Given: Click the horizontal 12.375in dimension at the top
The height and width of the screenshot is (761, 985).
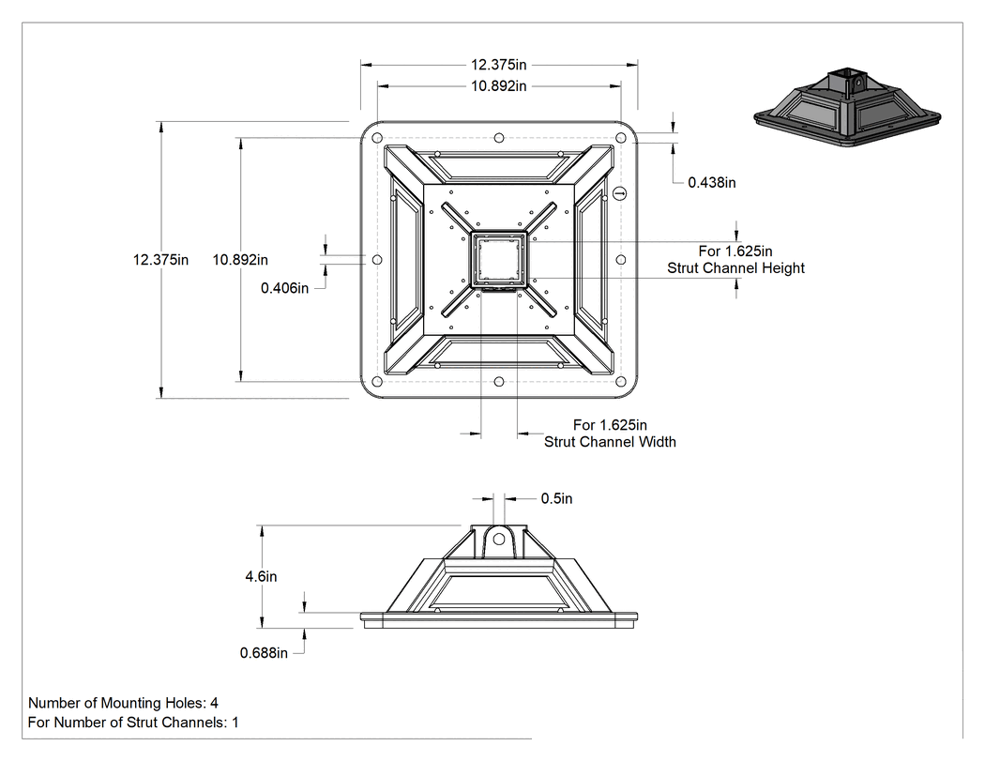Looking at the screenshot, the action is [499, 65].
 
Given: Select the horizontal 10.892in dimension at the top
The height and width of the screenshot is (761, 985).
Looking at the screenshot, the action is [499, 86].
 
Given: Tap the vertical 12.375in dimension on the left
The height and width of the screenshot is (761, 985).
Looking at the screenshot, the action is [160, 260].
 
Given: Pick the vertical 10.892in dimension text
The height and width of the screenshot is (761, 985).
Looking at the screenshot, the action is [240, 260].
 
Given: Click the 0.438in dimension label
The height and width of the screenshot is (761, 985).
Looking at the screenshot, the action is [712, 182].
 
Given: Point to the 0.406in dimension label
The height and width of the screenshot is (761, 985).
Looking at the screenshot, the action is [284, 288].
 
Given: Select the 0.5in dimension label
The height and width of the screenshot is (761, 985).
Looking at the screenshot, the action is [556, 498].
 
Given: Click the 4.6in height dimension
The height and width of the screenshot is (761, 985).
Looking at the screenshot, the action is [261, 576].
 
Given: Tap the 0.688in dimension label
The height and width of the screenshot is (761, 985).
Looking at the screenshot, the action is [264, 653].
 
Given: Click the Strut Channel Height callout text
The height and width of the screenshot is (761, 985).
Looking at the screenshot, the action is [735, 260].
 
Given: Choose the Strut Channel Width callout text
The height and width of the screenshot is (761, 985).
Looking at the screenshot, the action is [610, 434].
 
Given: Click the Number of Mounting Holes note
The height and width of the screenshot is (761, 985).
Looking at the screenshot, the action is [123, 703].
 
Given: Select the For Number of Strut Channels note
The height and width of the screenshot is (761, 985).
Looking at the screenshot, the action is [133, 723].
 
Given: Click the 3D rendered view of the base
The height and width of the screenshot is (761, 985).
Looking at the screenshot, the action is [847, 108].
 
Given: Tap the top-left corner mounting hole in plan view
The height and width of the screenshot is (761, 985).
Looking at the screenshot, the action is [377, 138].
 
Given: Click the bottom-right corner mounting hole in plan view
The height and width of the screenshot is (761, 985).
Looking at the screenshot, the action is [621, 382].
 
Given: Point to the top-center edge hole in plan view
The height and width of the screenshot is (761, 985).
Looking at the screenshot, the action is [499, 138].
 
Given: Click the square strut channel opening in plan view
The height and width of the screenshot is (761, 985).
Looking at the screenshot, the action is [499, 260].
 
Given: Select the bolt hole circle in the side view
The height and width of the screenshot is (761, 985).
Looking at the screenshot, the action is [499, 540].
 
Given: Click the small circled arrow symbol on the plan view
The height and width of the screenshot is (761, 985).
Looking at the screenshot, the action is [619, 193].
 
